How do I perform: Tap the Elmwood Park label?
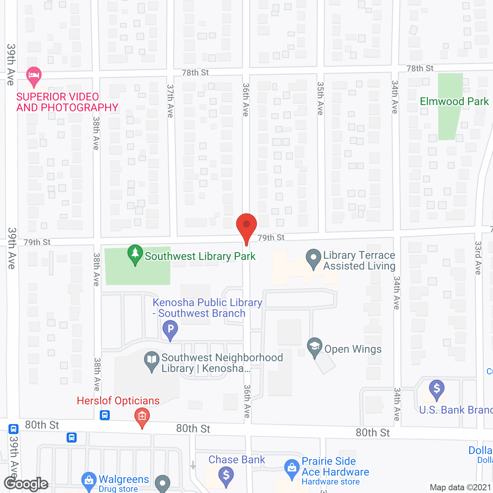(454, 102)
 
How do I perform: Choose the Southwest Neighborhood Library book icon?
(152, 361)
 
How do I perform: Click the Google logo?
(26, 484)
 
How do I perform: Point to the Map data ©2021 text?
(460, 488)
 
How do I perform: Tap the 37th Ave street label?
(170, 101)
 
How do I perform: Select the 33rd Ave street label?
(478, 258)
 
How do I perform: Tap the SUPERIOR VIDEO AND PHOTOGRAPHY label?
(67, 102)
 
